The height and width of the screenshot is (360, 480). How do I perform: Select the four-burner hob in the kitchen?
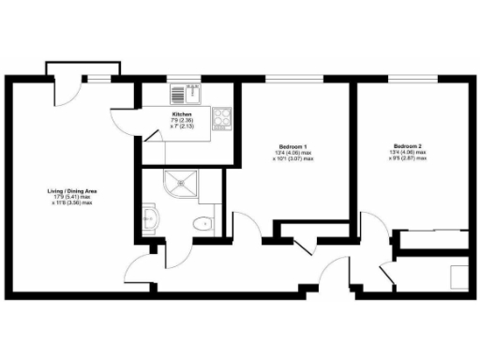pos(222,117)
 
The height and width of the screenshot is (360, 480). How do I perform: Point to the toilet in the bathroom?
pos(202,223)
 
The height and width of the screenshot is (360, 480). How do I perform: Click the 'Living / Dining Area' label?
pos(72,191)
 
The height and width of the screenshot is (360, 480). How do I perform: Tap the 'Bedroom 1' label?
pos(293,147)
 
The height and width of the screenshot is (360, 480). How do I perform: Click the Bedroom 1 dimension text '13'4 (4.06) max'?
pos(293,154)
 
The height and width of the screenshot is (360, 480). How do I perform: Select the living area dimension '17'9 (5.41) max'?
pos(72,197)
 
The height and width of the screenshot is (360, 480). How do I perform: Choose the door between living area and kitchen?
pos(125,114)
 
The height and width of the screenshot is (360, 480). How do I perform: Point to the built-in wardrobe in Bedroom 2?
pos(431,240)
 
